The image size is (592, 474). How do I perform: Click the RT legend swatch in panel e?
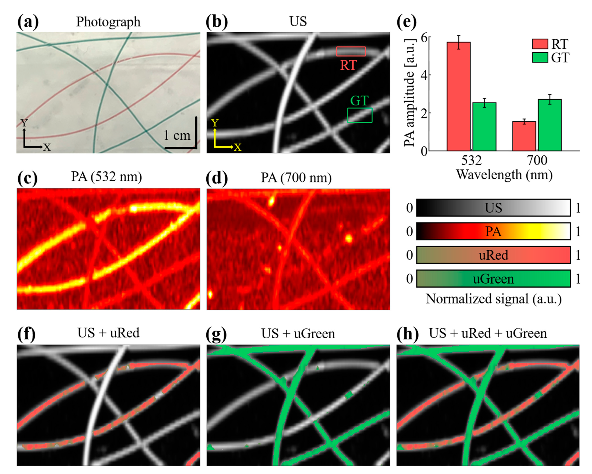tap(540, 44)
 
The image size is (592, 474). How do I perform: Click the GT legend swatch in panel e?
tap(540, 58)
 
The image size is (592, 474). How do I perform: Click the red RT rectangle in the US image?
tap(351, 51)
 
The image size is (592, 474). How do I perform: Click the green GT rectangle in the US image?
tap(360, 115)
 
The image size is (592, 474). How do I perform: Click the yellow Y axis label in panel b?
tap(215, 123)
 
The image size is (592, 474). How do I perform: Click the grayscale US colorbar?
tap(493, 208)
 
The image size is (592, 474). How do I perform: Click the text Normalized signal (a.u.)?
tap(493, 299)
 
